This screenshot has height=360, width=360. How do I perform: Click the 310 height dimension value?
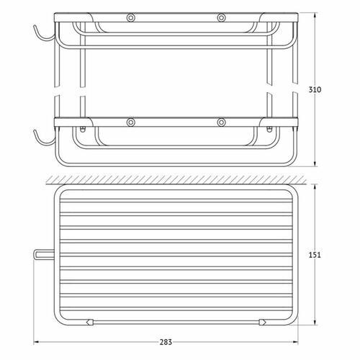point(315,90)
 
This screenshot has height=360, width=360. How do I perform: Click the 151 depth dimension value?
point(315,255)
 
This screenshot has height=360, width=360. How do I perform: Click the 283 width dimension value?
point(166,342)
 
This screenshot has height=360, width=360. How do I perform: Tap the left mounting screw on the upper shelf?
point(131,18)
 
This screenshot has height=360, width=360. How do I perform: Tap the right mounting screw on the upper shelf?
point(221,18)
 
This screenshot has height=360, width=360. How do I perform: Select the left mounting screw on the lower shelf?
point(131,122)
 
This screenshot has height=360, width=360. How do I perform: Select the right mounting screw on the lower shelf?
point(221,122)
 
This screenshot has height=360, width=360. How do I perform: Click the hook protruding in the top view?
point(44,254)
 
